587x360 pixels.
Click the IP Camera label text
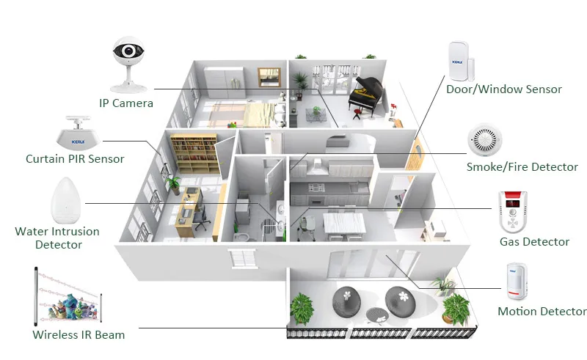pos(127,103)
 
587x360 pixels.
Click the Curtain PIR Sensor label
pos(75,158)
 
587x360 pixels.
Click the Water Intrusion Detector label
pos(57,238)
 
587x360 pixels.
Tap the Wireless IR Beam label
pos(79,335)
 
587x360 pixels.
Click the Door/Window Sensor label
pos(504,89)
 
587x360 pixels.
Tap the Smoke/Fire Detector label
pos(522,167)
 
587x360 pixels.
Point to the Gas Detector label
pos(534,242)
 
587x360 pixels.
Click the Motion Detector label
pos(542,312)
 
